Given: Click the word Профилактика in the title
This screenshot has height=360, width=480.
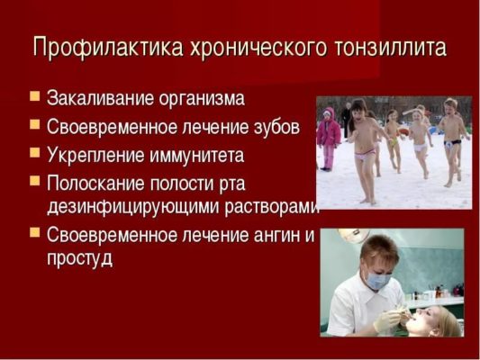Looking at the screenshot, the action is [x=108, y=48].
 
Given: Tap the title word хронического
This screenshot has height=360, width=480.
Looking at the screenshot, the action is [x=258, y=48].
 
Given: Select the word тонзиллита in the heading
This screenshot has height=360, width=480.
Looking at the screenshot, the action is [x=391, y=47].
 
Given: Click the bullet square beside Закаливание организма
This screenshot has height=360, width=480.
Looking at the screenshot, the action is [x=35, y=95].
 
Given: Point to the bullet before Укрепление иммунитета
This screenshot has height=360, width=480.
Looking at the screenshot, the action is [x=35, y=152].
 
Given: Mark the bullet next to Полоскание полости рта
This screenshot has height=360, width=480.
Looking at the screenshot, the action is [x=35, y=181].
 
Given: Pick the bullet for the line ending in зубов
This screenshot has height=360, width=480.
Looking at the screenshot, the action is [x=35, y=124].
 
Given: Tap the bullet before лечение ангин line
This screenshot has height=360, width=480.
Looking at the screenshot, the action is [x=35, y=232].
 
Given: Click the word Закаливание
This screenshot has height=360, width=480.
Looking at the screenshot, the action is [x=101, y=98].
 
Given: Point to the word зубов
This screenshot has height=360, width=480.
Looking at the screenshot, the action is [x=276, y=126].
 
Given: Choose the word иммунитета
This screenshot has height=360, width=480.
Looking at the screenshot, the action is [x=196, y=155].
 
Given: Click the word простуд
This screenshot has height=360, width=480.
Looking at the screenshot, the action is [x=79, y=259].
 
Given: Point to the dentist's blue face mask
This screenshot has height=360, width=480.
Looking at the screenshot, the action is [x=379, y=281].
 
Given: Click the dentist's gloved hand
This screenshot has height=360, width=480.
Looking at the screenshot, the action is [x=387, y=319].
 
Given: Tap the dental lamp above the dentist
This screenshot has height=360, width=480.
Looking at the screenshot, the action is [x=352, y=235].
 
